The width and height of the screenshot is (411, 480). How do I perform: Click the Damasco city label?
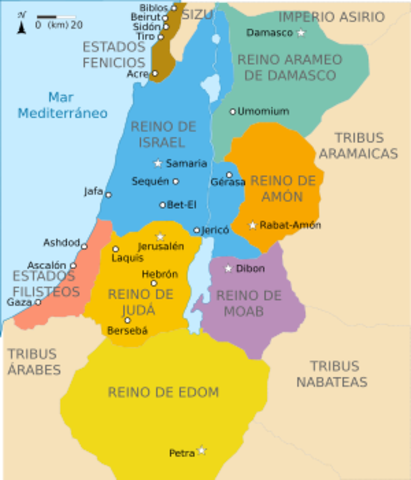point(273,33)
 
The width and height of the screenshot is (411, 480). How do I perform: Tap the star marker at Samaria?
point(156,163)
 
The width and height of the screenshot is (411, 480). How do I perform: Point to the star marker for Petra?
point(202,451)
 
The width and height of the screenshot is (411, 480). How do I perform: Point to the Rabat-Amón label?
point(290,226)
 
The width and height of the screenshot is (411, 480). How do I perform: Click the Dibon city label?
point(250,268)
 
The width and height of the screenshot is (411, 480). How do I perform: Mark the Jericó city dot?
point(197,230)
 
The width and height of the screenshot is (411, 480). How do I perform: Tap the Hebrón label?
point(160,272)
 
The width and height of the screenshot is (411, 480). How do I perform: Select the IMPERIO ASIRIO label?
point(331,17)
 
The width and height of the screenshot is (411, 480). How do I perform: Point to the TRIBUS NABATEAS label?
point(338,374)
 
